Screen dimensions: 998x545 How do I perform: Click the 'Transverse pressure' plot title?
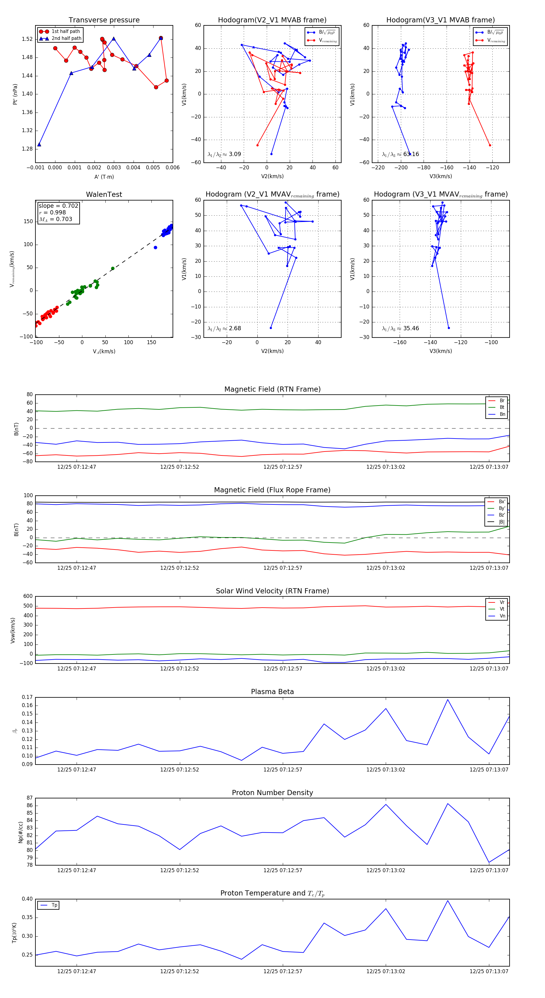click(x=104, y=20)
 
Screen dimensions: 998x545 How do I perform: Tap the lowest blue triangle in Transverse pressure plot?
click(x=39, y=145)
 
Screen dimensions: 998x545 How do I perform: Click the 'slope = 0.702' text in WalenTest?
click(x=58, y=206)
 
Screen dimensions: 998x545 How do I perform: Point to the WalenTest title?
click(x=104, y=194)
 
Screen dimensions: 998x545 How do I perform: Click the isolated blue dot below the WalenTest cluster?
click(x=156, y=248)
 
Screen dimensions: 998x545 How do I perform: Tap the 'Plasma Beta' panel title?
click(x=272, y=692)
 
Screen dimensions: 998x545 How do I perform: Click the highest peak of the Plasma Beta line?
click(x=448, y=699)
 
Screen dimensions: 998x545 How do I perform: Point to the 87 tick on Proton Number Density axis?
click(x=29, y=798)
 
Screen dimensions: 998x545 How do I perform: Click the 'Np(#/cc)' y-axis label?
click(x=21, y=832)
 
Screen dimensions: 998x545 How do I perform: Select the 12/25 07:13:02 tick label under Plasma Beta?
click(x=385, y=769)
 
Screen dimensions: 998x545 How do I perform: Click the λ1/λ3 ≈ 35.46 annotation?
click(x=400, y=328)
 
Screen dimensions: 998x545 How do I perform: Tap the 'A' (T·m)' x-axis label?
click(x=104, y=177)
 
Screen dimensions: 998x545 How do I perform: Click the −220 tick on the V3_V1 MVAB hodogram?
click(x=378, y=168)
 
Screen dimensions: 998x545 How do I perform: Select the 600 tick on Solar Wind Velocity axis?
click(x=28, y=596)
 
